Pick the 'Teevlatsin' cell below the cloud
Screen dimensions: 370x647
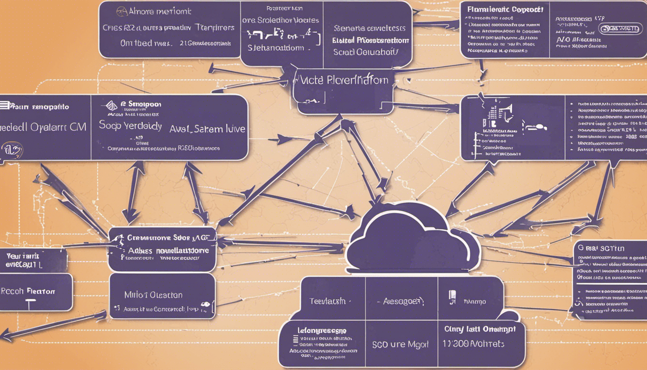pos(327,302)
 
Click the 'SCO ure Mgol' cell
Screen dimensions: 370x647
pos(401,344)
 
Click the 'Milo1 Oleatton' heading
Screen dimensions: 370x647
pos(153,295)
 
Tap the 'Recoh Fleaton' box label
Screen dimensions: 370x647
pos(28,291)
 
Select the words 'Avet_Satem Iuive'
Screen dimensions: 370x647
pos(207,129)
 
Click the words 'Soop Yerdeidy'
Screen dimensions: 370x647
pos(130,126)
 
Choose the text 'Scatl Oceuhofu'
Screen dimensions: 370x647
pos(366,52)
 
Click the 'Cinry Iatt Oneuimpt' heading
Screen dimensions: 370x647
pos(479,329)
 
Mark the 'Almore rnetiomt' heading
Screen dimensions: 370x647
pos(154,11)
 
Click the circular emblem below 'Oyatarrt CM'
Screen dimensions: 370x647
pos(12,150)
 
